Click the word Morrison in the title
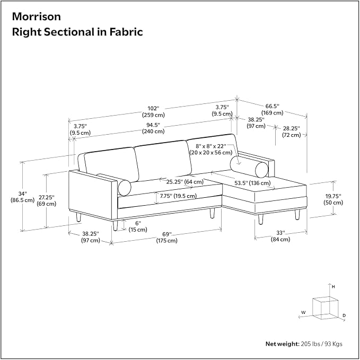36,16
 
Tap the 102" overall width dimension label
153,111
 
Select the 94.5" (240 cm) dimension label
153,128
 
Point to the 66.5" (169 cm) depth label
273,110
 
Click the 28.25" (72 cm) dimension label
292,131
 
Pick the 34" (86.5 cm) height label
22,197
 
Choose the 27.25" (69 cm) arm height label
46,200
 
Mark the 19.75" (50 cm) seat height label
333,199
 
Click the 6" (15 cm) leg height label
138,226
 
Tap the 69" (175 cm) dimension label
167,238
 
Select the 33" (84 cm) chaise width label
280,236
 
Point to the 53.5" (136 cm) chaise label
252,183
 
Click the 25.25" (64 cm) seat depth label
185,182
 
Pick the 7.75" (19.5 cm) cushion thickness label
178,196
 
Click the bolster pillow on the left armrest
125,187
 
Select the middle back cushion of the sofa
163,161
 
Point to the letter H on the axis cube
333,287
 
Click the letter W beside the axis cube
303,312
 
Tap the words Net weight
283,344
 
